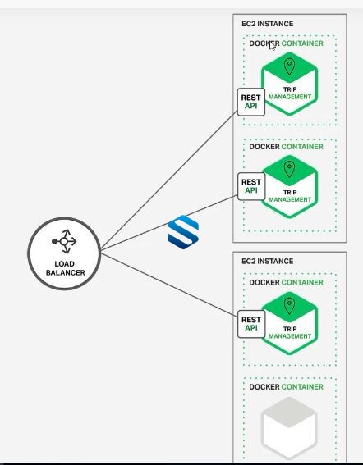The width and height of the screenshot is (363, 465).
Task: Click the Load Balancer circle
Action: click(64, 253)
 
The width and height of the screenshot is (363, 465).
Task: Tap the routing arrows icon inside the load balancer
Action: click(64, 241)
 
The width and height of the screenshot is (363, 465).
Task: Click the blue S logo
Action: click(183, 232)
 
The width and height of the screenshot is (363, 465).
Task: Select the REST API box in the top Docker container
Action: click(251, 102)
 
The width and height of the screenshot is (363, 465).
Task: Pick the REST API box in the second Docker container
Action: click(251, 186)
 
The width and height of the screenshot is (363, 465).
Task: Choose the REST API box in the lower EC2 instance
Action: click(251, 324)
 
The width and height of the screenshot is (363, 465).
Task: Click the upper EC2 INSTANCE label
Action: click(268, 24)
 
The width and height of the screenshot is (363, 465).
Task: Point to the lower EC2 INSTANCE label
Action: click(268, 261)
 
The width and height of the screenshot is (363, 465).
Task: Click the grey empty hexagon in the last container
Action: click(289, 428)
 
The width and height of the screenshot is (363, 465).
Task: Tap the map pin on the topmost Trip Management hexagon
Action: click(289, 66)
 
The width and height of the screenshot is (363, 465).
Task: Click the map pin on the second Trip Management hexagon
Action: click(289, 169)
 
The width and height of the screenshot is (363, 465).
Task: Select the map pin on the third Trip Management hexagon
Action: click(289, 306)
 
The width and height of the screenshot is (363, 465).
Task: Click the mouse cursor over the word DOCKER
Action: click(272, 46)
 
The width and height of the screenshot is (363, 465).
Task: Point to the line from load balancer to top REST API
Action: click(169, 180)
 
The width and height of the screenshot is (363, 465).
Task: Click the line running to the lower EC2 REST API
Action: click(169, 285)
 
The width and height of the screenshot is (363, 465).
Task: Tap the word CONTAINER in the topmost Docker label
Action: click(302, 43)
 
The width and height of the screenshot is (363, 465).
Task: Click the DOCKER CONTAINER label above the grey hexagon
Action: click(286, 387)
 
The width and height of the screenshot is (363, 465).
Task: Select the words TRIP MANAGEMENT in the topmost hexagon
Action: click(290, 93)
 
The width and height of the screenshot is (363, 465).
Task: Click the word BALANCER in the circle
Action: click(66, 272)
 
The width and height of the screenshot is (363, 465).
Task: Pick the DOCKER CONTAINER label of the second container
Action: click(286, 147)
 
